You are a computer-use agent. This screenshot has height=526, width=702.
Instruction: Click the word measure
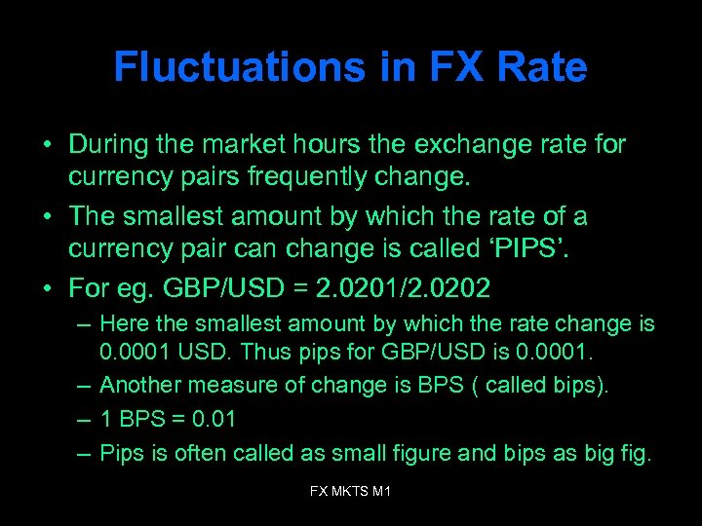pos(219,385)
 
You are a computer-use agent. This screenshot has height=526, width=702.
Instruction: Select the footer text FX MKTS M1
pos(350,492)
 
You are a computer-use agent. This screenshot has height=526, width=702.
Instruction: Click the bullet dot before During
pos(47,146)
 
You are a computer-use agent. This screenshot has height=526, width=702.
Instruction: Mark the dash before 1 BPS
pos(84,419)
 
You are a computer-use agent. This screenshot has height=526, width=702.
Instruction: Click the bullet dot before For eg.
pos(47,288)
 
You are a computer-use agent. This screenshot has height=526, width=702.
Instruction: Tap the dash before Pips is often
pos(84,454)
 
